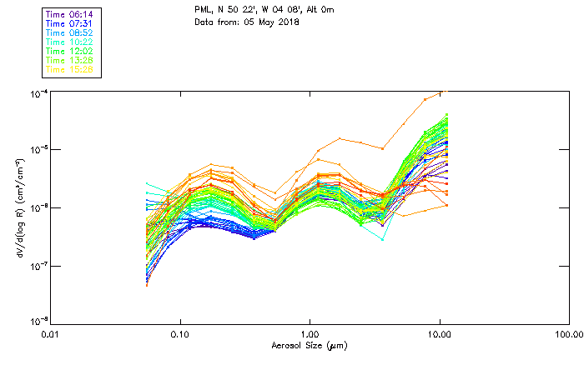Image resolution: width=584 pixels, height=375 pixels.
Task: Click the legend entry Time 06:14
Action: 71,14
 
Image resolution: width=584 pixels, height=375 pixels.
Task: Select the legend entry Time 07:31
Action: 71,23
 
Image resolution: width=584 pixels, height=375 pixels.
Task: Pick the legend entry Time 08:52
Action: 71,32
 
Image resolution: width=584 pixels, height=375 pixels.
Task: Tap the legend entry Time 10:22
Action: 71,42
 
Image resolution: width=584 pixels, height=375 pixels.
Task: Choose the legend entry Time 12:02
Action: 71,51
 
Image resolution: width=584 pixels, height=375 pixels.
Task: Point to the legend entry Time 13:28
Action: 71,60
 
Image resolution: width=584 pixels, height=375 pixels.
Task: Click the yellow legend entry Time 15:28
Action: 71,69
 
